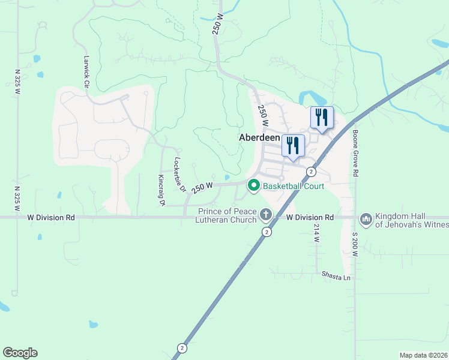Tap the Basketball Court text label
pyautogui.click(x=293, y=186)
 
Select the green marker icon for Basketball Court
pyautogui.click(x=253, y=186)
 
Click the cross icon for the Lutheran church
pyautogui.click(x=266, y=214)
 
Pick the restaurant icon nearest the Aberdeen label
pyautogui.click(x=293, y=145)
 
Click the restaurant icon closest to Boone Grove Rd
pyautogui.click(x=322, y=117)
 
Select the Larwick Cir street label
pyautogui.click(x=86, y=74)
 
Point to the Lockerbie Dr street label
pyautogui.click(x=179, y=175)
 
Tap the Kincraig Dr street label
pyautogui.click(x=161, y=190)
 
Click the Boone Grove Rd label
pyautogui.click(x=355, y=153)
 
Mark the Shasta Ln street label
pyautogui.click(x=336, y=278)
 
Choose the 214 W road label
pyautogui.click(x=316, y=232)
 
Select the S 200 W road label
pyautogui.click(x=355, y=245)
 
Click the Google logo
pyautogui.click(x=20, y=353)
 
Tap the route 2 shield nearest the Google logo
pyautogui.click(x=181, y=348)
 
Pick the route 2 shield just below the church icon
pyautogui.click(x=267, y=231)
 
